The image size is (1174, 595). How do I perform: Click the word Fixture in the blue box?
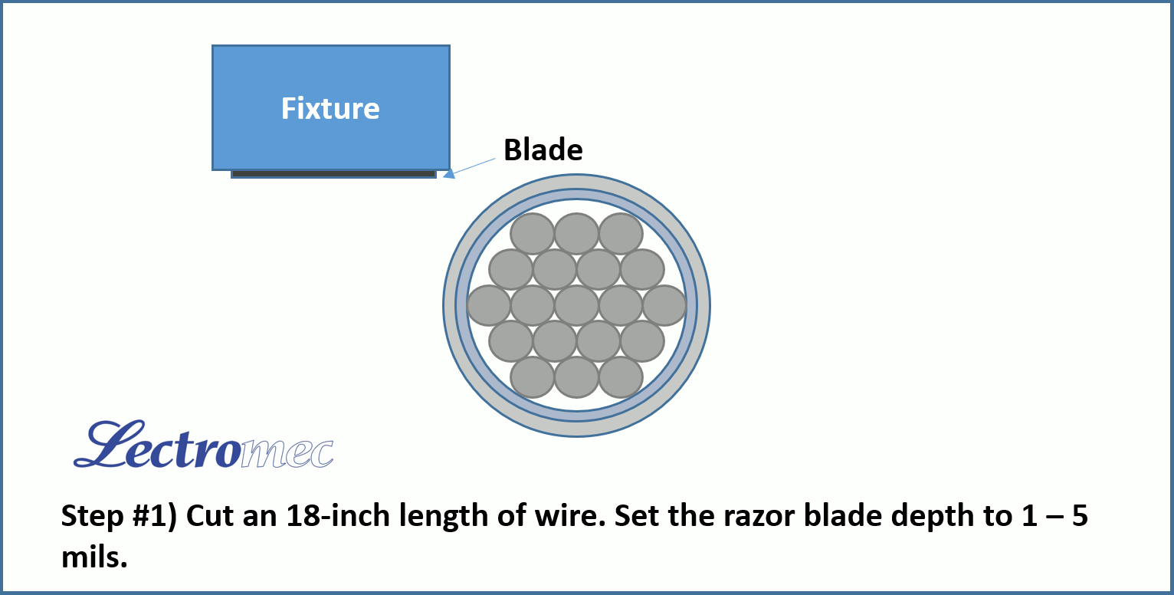(x=330, y=109)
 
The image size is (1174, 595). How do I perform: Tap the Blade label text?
(x=543, y=150)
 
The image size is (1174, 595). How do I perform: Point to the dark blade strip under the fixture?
(x=334, y=173)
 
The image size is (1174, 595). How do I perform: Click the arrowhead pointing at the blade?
(x=449, y=173)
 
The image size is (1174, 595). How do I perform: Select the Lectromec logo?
(x=203, y=444)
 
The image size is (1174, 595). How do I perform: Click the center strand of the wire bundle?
(x=576, y=306)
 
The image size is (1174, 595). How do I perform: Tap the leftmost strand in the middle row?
(x=488, y=306)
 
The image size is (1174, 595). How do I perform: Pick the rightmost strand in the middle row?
(x=664, y=306)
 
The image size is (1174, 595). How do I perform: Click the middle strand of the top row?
(x=576, y=233)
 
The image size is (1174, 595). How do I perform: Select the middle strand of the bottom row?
(x=576, y=377)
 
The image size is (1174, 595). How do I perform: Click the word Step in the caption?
(x=92, y=517)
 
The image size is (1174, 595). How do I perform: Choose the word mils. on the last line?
(x=94, y=557)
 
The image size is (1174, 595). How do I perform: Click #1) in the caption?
(x=155, y=517)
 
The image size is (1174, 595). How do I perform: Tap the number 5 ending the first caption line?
(x=1080, y=516)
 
